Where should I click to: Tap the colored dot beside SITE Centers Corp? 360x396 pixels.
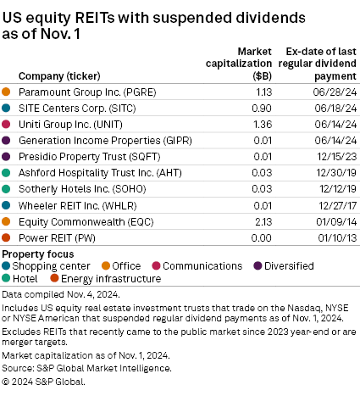[x=8, y=108]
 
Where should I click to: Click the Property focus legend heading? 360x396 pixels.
[x=37, y=254]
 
